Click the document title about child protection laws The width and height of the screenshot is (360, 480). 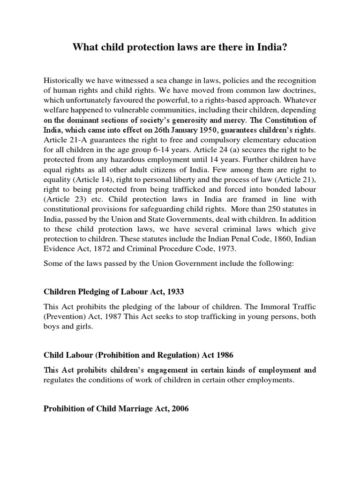tap(180, 48)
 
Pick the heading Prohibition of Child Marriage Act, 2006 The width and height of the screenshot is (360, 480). tap(116, 409)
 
